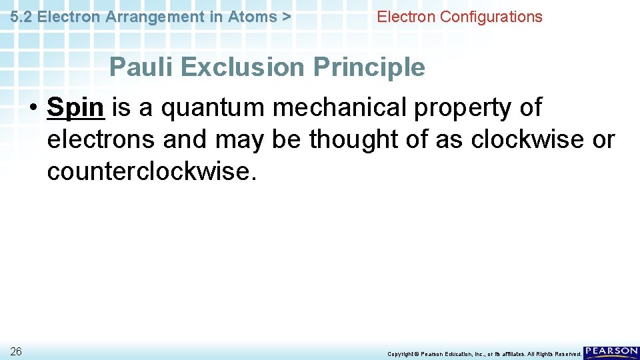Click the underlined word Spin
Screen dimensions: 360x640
pyautogui.click(x=76, y=108)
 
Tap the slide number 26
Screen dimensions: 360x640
pyautogui.click(x=16, y=351)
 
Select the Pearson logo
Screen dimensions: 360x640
pyautogui.click(x=611, y=353)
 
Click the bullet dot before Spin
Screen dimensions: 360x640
pyautogui.click(x=31, y=108)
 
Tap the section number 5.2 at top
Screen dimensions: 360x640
pyautogui.click(x=22, y=17)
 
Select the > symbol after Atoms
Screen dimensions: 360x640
pyautogui.click(x=286, y=17)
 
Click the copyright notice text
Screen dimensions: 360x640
pyautogui.click(x=484, y=354)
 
